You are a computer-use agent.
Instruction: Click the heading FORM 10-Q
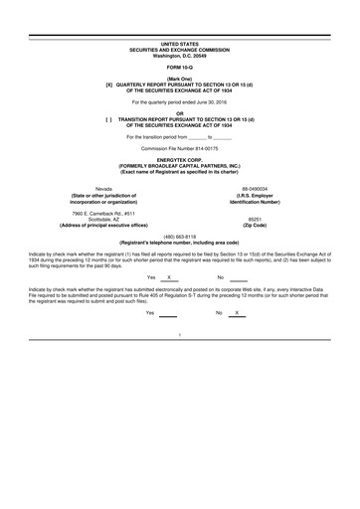[x=179, y=67]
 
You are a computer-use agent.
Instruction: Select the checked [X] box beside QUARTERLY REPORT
[x=110, y=85]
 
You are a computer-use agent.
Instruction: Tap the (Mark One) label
[x=179, y=79]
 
